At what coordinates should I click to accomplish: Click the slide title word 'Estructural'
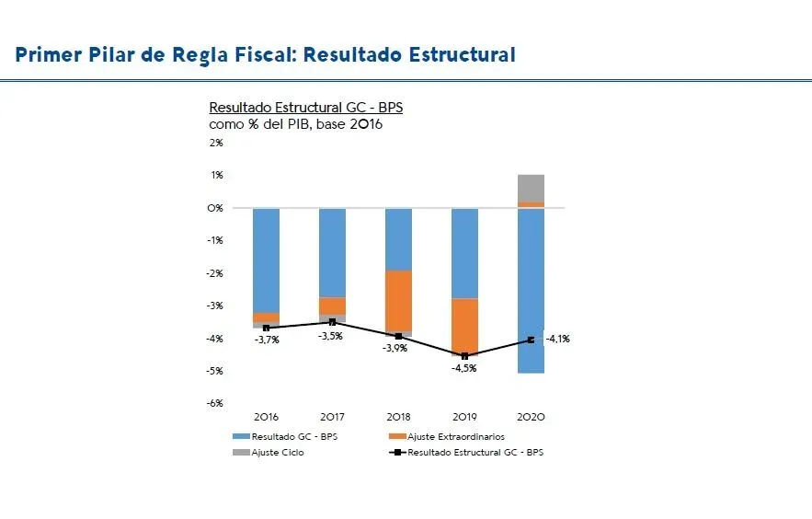(465, 55)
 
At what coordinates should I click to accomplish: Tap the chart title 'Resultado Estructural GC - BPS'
(305, 108)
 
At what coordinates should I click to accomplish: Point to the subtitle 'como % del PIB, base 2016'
(295, 124)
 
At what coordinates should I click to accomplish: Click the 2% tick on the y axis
(216, 143)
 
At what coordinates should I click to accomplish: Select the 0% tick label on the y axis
(216, 208)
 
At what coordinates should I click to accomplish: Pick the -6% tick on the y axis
(215, 403)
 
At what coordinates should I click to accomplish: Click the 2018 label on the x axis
(398, 417)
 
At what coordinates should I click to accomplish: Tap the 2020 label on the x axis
(531, 417)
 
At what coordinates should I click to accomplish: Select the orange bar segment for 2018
(398, 301)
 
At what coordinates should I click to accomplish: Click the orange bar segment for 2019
(464, 326)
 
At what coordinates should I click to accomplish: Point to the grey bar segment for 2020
(531, 188)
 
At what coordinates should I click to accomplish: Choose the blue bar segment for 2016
(267, 260)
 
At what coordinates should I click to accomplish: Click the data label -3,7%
(267, 340)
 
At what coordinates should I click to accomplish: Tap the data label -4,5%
(464, 368)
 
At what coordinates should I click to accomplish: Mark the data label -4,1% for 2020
(557, 339)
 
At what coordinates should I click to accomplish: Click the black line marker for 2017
(333, 322)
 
